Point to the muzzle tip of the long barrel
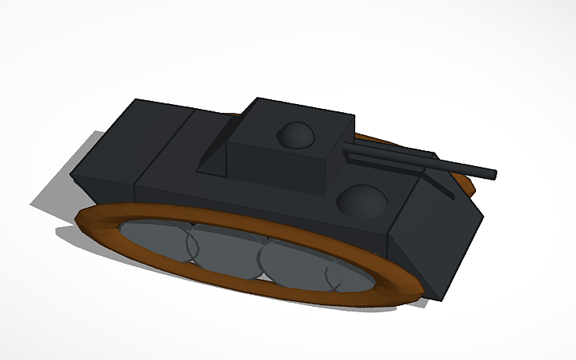pos(495,172)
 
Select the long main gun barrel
pos(461,168)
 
